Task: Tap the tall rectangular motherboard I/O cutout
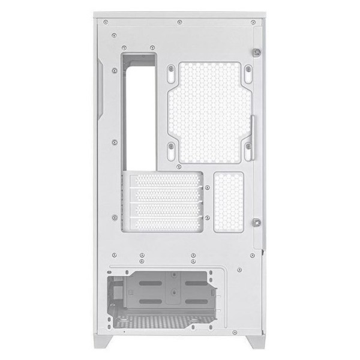pos(139,111)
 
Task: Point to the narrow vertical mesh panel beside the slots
pos(229,202)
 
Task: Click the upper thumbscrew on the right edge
pos(257,52)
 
